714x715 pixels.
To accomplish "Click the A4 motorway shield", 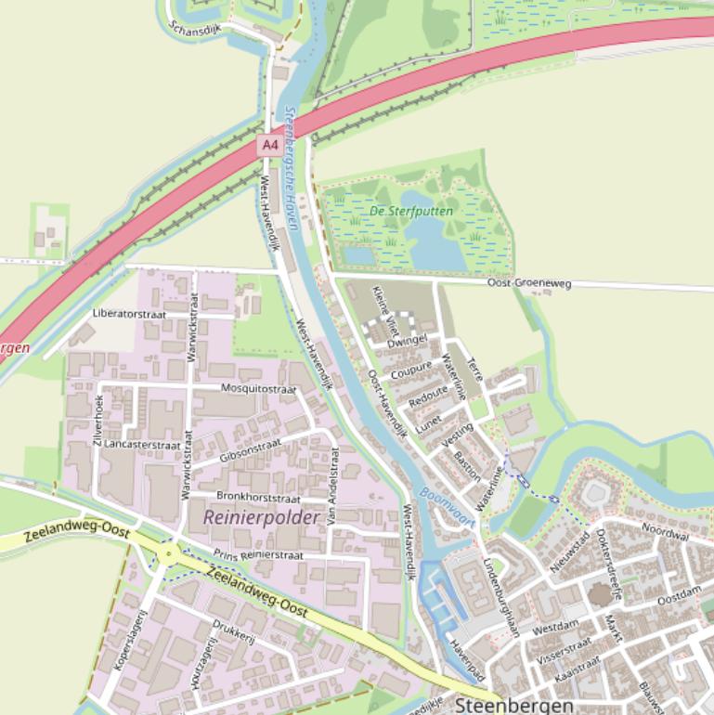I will (x=269, y=145).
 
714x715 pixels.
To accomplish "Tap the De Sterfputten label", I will (x=411, y=211).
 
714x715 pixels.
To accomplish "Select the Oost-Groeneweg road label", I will (x=529, y=283).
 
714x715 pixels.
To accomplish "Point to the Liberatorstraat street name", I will (x=129, y=314).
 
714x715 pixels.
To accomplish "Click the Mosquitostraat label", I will (x=257, y=388).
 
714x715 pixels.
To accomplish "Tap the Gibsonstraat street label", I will (x=250, y=452).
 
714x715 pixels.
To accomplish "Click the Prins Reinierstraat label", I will (x=258, y=554).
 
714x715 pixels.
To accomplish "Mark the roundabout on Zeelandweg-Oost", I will (x=169, y=554).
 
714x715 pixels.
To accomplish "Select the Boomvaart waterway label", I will (x=447, y=508).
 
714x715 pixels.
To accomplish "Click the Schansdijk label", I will (x=196, y=28).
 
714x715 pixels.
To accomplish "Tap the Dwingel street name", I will (x=407, y=342).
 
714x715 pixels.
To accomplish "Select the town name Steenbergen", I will (x=514, y=706).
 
